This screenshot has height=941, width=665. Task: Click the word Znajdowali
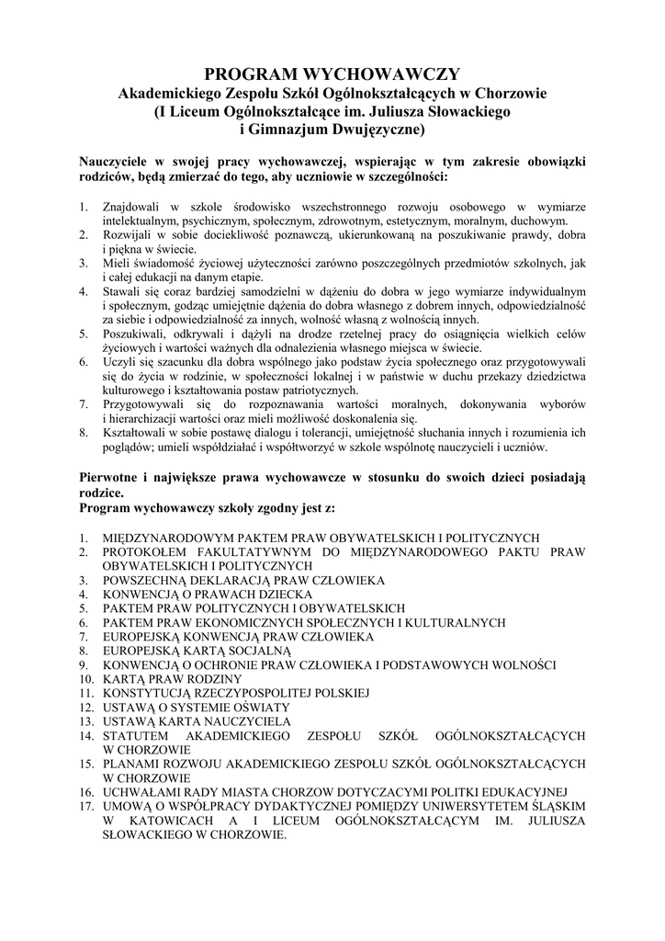(132, 209)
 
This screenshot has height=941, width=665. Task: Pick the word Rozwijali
(129, 235)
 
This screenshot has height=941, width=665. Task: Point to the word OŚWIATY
(257, 707)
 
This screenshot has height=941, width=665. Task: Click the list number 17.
(86, 804)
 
